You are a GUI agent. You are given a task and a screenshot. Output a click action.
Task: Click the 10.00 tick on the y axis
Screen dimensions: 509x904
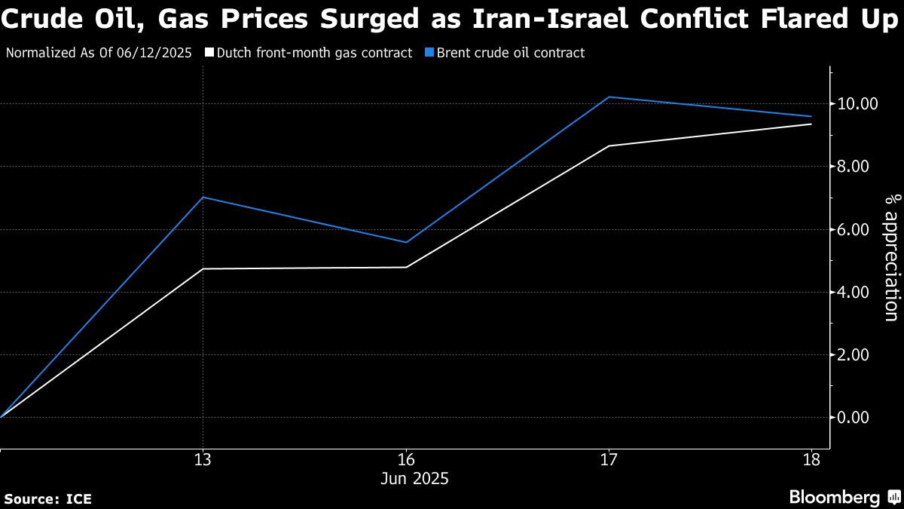(857, 103)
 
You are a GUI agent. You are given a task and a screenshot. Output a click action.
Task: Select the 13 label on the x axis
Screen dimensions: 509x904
(203, 460)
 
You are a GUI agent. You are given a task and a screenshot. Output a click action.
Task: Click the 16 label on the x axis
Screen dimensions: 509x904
(406, 460)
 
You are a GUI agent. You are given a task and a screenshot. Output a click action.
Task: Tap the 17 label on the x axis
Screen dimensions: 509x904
(609, 460)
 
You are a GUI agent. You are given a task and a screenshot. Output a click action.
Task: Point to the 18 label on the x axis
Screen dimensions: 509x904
(811, 460)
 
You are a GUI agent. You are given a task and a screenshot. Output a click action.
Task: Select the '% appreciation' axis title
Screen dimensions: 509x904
(892, 257)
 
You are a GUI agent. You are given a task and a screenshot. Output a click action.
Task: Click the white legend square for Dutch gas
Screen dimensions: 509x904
(209, 54)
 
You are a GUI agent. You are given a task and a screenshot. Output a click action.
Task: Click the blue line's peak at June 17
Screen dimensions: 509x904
(609, 97)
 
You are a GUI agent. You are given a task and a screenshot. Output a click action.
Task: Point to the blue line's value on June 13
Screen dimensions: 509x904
(203, 198)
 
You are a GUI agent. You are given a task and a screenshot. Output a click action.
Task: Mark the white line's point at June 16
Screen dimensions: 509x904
(406, 267)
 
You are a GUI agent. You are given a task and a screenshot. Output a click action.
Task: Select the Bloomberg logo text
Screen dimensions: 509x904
(834, 497)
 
